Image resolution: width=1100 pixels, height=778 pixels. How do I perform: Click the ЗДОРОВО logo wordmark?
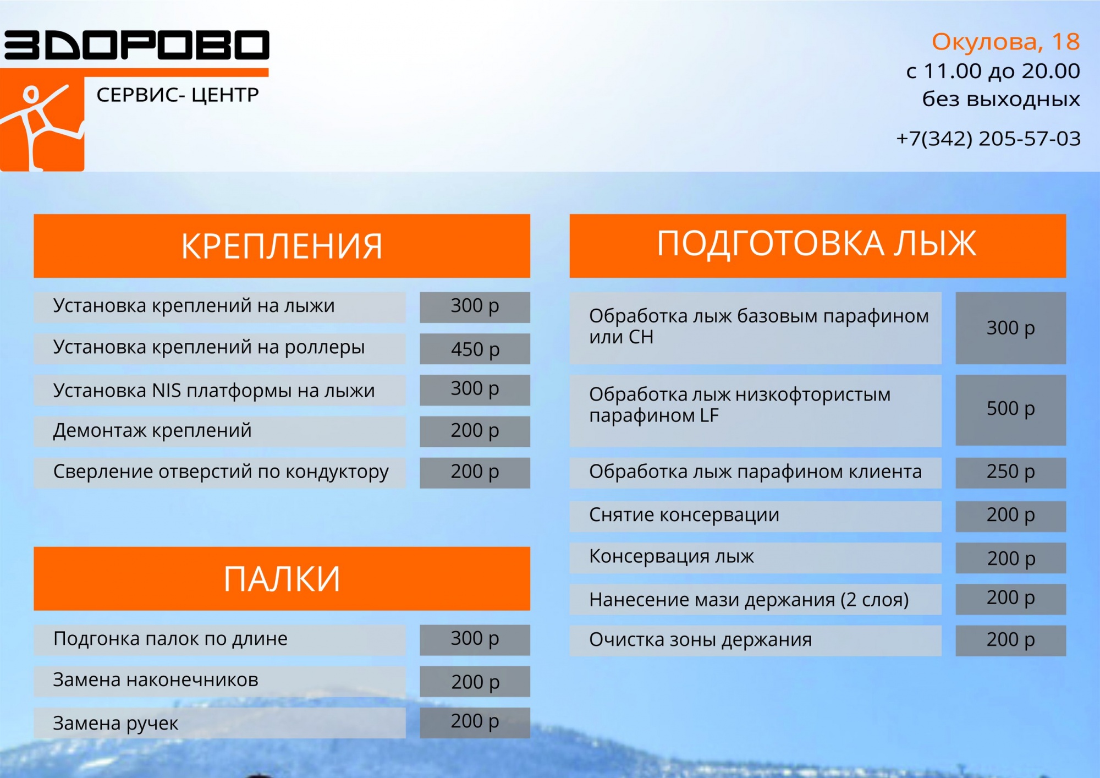tap(136, 45)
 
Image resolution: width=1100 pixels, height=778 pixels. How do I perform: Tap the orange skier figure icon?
tap(42, 124)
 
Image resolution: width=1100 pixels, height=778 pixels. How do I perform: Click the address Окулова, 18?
tap(1005, 42)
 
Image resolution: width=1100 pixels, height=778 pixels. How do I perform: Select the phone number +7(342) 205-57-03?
tap(988, 139)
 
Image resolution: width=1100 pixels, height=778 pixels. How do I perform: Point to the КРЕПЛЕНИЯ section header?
tap(282, 246)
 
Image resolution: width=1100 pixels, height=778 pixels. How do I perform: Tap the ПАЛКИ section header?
tap(282, 578)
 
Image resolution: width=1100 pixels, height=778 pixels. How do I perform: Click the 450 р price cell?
tap(475, 349)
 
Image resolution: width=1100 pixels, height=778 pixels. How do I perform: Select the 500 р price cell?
tap(1010, 410)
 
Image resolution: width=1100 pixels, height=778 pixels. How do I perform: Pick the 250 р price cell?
tap(1010, 473)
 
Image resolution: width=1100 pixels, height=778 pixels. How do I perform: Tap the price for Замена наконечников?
tap(475, 681)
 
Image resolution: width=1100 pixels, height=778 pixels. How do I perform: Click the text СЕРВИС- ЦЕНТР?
tap(178, 95)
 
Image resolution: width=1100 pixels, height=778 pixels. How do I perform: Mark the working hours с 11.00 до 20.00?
tap(993, 71)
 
